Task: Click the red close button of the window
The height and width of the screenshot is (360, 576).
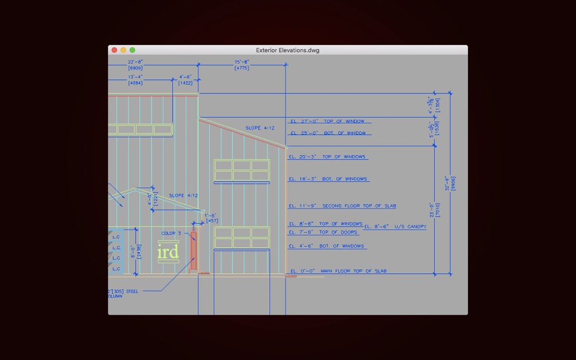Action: pyautogui.click(x=114, y=50)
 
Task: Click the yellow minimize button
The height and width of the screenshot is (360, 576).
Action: pyautogui.click(x=123, y=50)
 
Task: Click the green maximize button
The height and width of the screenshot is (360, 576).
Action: pyautogui.click(x=132, y=50)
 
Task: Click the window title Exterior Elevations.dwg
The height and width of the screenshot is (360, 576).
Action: pyautogui.click(x=287, y=50)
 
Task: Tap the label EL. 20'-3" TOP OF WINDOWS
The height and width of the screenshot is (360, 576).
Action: pyautogui.click(x=327, y=157)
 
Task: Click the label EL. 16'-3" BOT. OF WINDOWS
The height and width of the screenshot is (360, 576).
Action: pyautogui.click(x=328, y=179)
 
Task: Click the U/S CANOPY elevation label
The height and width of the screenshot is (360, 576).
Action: pyautogui.click(x=395, y=227)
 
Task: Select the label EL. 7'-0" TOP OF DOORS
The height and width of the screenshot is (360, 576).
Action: pyautogui.click(x=323, y=232)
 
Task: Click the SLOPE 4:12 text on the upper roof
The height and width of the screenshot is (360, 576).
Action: pyautogui.click(x=260, y=128)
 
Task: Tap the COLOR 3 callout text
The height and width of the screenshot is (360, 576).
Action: pyautogui.click(x=171, y=233)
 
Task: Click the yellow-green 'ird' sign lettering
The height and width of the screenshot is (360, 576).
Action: pyautogui.click(x=168, y=252)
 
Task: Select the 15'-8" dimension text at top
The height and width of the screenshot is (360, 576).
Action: pyautogui.click(x=242, y=62)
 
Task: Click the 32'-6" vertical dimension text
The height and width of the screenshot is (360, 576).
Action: pyautogui.click(x=449, y=183)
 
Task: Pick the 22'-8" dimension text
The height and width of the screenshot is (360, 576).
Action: pyautogui.click(x=135, y=62)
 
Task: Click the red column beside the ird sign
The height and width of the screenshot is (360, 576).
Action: pyautogui.click(x=193, y=251)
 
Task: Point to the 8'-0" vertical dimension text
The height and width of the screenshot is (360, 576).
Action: pyautogui.click(x=133, y=252)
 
